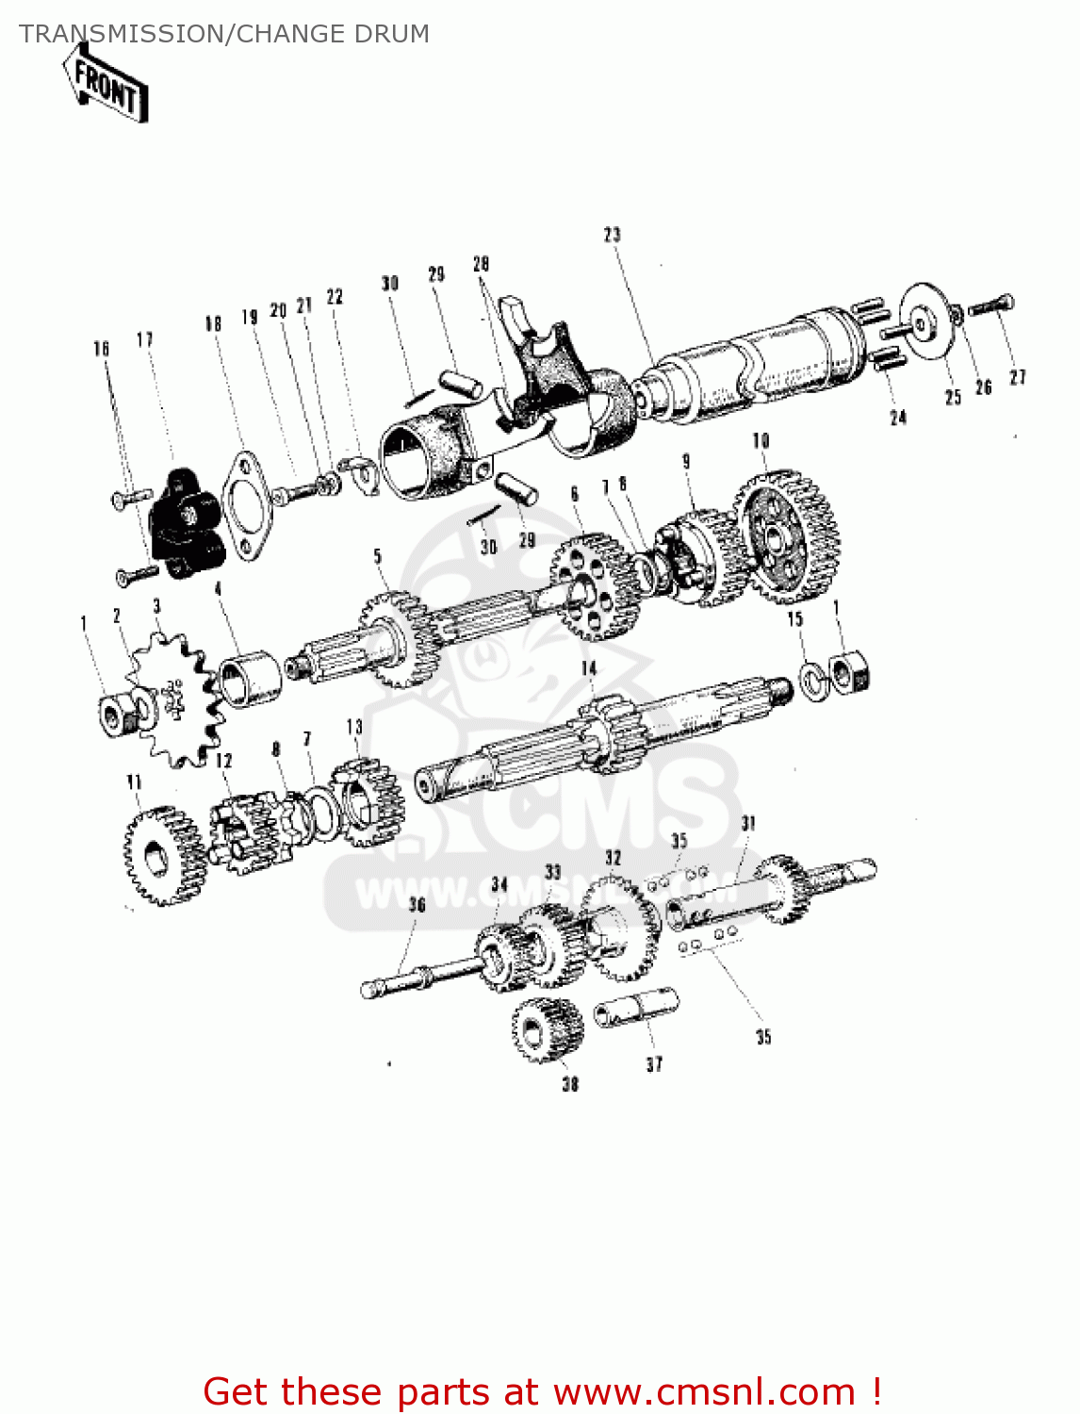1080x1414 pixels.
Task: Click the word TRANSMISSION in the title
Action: pos(121,34)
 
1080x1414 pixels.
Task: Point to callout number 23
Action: pos(613,235)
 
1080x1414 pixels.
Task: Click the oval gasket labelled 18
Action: pos(243,505)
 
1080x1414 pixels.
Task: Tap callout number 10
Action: pos(761,440)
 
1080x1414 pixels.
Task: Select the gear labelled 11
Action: pos(164,856)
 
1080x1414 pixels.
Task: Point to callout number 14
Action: pos(589,668)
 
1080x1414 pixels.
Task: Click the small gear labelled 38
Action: pos(548,1029)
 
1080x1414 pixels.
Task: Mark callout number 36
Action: pos(417,905)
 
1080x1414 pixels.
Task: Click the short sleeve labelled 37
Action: pos(635,1008)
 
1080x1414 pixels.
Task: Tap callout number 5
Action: pos(378,556)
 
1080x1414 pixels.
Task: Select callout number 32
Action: pos(614,858)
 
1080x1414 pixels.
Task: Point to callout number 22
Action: pos(335,296)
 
